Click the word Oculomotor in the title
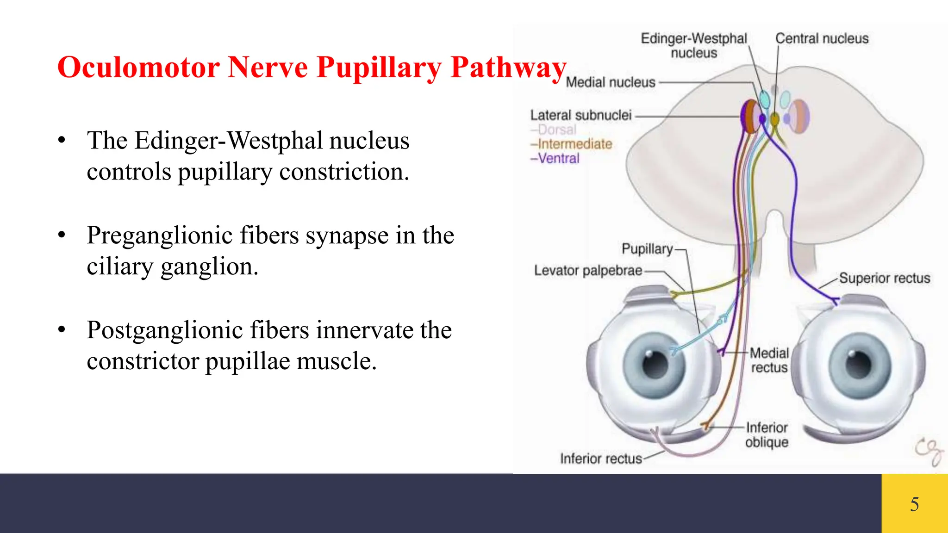point(138,68)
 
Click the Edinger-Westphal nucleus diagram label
point(693,45)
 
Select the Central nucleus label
point(822,38)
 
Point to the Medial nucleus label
point(611,82)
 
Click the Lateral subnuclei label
point(580,115)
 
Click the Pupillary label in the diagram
point(647,249)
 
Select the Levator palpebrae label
point(588,270)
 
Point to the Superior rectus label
point(884,278)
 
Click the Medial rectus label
point(769,360)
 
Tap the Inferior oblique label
point(767,434)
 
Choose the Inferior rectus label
point(601,459)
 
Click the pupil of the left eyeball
point(655,364)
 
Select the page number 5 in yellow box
point(914,504)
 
